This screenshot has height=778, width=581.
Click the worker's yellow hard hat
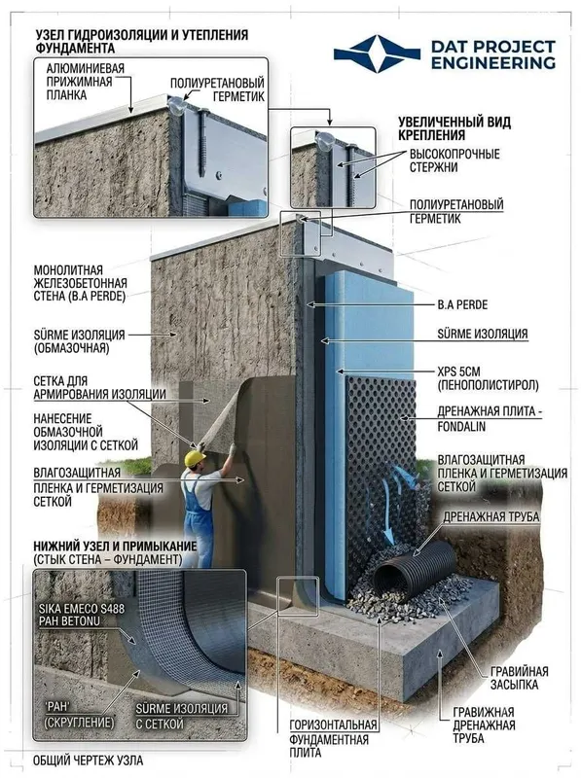click(195, 458)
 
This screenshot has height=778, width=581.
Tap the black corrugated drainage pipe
click(415, 569)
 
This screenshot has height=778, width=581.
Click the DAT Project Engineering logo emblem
click(377, 53)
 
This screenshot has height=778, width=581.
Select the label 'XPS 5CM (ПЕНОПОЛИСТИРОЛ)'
click(488, 378)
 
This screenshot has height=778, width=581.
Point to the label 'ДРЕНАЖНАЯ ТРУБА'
click(491, 516)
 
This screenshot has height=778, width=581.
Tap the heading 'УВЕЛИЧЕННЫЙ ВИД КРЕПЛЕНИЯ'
click(454, 128)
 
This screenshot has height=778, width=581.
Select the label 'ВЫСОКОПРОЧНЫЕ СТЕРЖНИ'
click(454, 160)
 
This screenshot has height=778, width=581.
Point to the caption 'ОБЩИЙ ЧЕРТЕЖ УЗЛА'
click(88, 760)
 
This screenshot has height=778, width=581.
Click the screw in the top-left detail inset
click(202, 142)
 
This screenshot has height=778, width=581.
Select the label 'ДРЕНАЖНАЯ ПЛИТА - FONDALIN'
click(490, 418)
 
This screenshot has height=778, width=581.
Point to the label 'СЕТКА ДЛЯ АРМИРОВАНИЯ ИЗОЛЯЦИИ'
click(99, 387)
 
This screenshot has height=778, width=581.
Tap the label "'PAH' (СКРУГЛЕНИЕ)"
click(79, 714)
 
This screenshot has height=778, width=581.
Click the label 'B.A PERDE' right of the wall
click(462, 304)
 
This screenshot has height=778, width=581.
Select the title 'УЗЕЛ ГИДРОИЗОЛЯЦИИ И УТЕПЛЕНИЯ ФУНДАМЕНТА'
click(141, 41)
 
